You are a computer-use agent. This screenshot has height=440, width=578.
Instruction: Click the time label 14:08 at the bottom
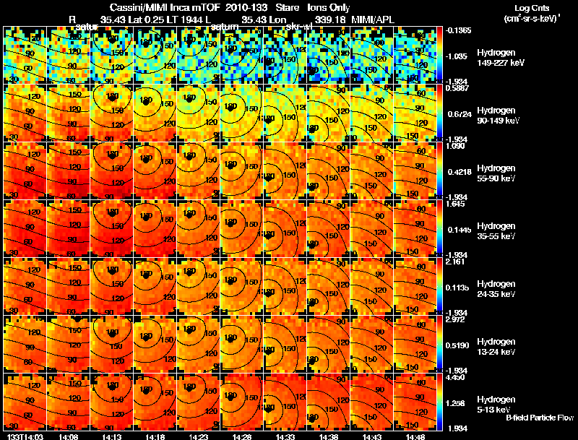point(68,436)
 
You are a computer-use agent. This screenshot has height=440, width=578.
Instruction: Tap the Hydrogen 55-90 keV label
point(496,173)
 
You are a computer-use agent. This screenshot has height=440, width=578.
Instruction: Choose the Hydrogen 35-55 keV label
point(496,230)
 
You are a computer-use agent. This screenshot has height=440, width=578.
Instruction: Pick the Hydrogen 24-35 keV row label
point(496,288)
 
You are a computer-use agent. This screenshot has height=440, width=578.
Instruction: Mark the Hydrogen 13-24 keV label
point(496,346)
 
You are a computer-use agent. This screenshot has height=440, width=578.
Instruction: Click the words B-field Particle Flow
point(540,418)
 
